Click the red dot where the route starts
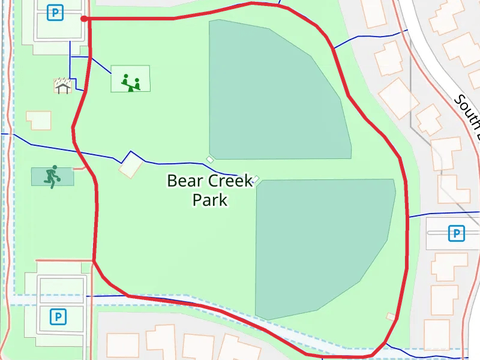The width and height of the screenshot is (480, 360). point(85,19)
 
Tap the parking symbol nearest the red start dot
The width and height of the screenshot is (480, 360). point(56,11)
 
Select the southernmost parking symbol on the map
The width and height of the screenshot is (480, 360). point(58,316)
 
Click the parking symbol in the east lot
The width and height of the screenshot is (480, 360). point(457,233)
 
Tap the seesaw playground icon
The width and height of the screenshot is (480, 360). point(131,82)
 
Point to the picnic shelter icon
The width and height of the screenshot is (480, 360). point(62,86)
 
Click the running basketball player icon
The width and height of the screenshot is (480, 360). point(52,176)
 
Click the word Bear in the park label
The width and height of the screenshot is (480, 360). point(185,181)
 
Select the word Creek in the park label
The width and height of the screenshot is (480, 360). point(231,181)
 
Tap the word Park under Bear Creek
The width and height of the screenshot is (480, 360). point(210,199)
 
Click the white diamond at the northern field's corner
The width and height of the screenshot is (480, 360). point(210,159)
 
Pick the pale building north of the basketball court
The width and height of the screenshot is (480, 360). point(38,120)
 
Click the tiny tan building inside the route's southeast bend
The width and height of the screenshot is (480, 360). point(391,316)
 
